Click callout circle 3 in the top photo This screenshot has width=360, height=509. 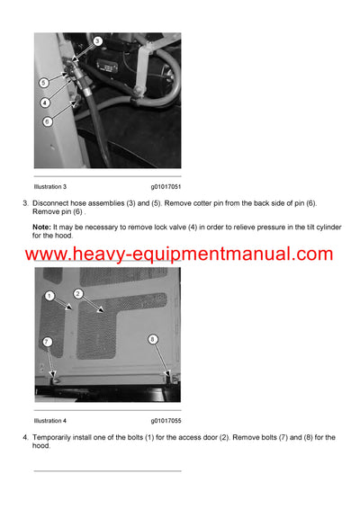click(97, 41)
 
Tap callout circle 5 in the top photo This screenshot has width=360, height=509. click(43, 83)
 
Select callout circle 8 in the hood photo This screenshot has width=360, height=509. click(152, 339)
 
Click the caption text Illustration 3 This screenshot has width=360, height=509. click(50, 186)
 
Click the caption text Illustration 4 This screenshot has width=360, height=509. click(50, 420)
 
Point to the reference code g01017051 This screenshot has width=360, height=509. click(166, 186)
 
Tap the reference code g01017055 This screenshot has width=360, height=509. click(166, 420)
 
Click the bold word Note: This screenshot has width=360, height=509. click(42, 228)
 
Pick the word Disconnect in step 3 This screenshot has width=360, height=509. click(54, 203)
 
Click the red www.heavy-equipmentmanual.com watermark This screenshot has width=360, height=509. click(179, 254)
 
